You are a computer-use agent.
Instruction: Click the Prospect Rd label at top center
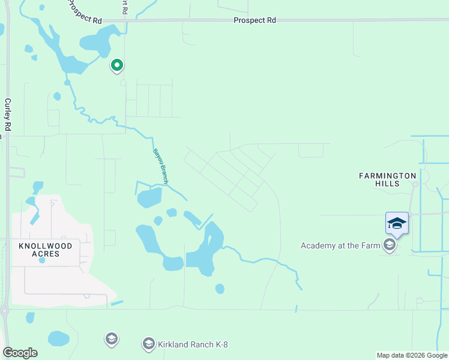click(255, 20)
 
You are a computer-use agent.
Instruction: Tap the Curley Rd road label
click(8, 115)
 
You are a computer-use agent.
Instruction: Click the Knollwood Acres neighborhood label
click(46, 250)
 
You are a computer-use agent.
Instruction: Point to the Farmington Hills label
click(388, 179)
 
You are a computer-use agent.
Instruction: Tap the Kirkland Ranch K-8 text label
click(193, 344)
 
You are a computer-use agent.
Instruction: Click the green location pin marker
click(116, 65)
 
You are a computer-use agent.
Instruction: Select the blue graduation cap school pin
click(397, 224)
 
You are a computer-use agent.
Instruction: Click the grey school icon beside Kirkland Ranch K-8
click(148, 344)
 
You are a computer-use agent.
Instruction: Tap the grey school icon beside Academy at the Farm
click(390, 245)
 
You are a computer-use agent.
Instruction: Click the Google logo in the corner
click(20, 353)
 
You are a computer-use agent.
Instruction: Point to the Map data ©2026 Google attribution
click(412, 355)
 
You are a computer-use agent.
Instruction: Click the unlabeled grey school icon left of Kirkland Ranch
click(111, 340)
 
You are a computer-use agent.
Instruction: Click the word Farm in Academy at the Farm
click(371, 245)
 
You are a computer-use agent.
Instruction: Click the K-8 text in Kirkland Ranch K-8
click(218, 344)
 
